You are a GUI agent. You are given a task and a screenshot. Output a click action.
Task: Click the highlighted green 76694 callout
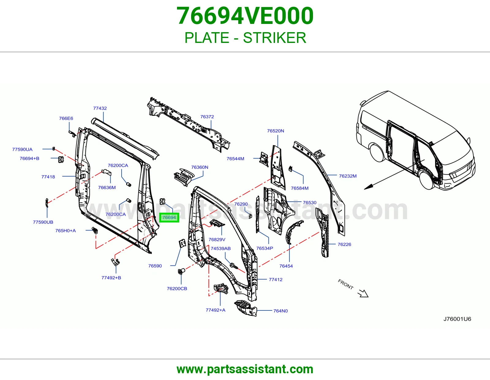click(169, 218)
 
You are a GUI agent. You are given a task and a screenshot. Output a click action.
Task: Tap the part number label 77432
click(100, 108)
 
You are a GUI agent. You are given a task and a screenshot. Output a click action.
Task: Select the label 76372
click(207, 117)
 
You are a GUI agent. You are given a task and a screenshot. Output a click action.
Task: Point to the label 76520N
click(276, 131)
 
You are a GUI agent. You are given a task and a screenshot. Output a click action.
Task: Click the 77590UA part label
click(22, 149)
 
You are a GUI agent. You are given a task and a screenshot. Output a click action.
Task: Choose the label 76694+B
click(29, 158)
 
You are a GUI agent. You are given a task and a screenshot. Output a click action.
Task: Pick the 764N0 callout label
click(281, 311)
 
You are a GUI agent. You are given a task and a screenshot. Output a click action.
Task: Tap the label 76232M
click(348, 176)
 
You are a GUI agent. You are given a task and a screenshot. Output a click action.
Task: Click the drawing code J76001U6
click(457, 319)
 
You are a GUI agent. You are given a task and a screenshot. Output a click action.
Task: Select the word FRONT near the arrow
click(345, 284)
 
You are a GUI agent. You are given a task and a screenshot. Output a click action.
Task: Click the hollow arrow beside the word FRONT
click(363, 294)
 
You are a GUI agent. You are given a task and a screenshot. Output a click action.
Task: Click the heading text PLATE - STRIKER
click(245, 38)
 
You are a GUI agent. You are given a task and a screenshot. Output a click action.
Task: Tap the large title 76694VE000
click(245, 16)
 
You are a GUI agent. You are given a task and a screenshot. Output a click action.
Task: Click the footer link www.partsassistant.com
click(245, 369)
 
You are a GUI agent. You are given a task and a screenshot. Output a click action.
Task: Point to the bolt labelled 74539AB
click(234, 266)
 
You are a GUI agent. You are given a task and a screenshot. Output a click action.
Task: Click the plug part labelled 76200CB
click(181, 271)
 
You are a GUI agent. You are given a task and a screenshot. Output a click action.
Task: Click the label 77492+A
click(215, 310)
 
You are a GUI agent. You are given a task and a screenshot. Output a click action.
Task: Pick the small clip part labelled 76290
click(250, 216)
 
